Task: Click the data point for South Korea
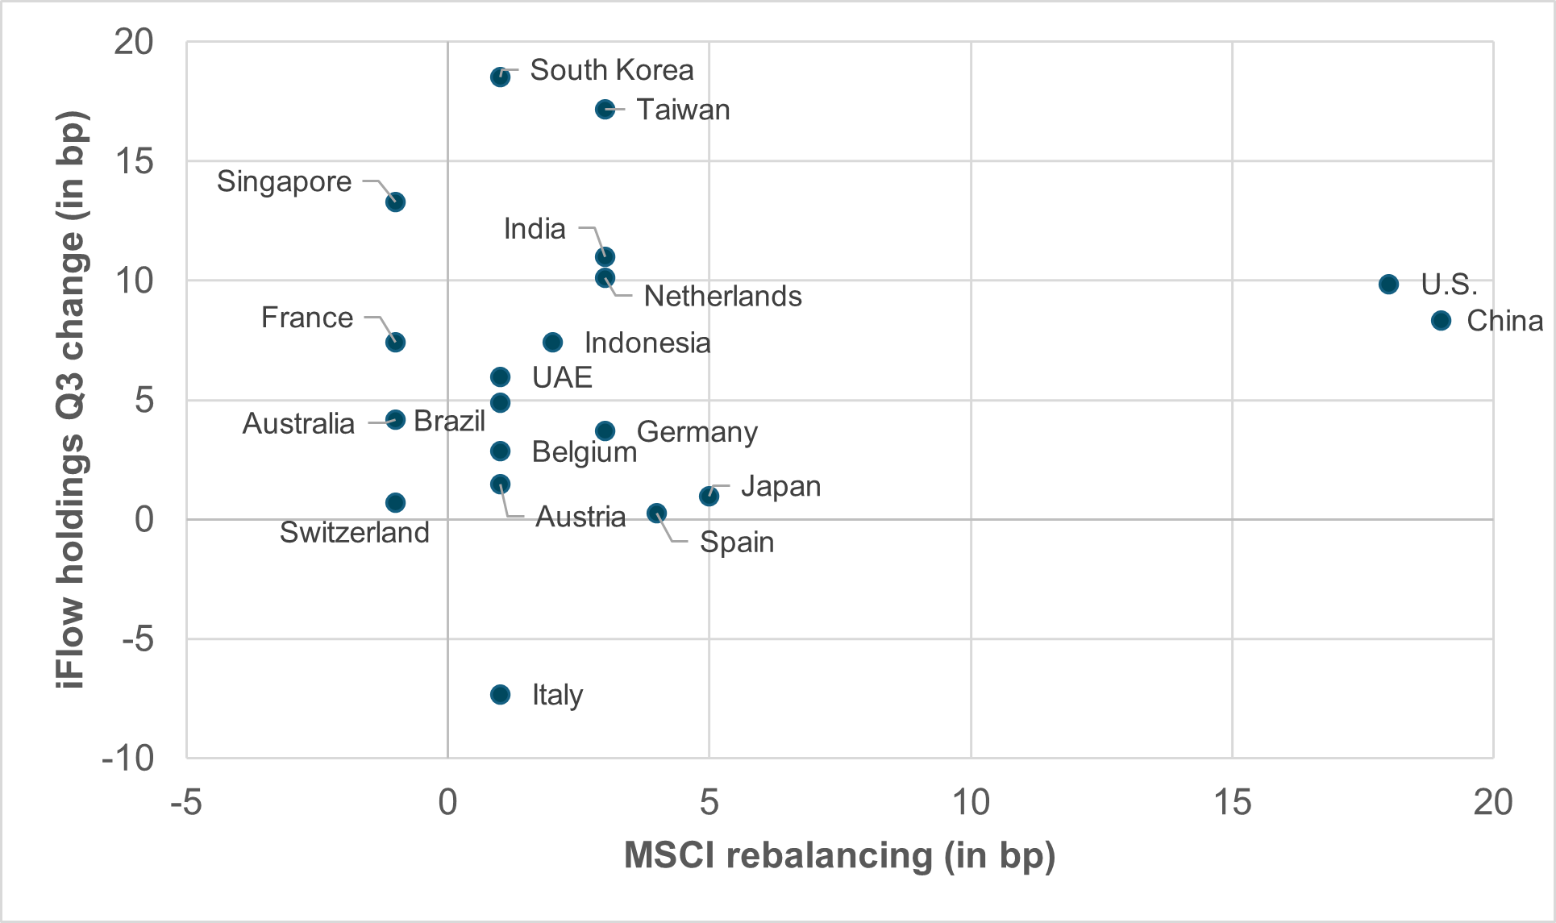click(x=500, y=77)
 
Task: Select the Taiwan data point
click(x=605, y=109)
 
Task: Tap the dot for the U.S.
click(x=1388, y=284)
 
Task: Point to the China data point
click(x=1441, y=321)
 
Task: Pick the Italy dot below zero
click(x=500, y=694)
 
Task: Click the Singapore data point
click(x=395, y=202)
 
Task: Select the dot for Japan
click(x=709, y=496)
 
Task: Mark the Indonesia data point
click(x=552, y=343)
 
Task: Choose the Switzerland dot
click(x=395, y=503)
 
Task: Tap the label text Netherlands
click(x=722, y=297)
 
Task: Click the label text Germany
click(x=697, y=432)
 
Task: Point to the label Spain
click(x=736, y=543)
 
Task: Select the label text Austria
click(x=580, y=517)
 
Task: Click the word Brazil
click(x=449, y=421)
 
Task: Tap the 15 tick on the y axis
click(x=134, y=161)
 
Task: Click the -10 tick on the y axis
click(x=127, y=758)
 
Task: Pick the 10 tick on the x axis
click(x=970, y=802)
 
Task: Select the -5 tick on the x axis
click(x=186, y=802)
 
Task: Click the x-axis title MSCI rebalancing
click(x=838, y=855)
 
